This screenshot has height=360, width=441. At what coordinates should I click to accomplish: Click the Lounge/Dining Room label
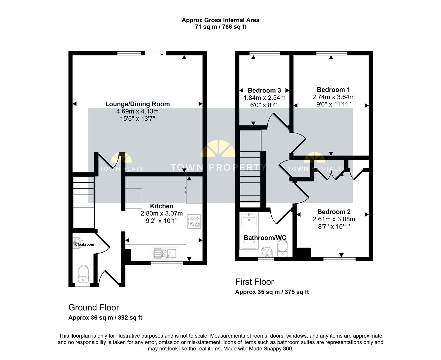coord(137,104)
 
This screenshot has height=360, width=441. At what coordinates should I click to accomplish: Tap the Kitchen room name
coord(162,206)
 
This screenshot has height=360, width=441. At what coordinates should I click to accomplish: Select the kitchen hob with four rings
coord(194,221)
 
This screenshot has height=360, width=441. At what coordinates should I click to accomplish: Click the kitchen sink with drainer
coord(165,253)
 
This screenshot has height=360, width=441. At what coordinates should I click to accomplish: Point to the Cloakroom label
coord(84,244)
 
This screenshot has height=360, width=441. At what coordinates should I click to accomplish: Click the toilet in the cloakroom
coord(83,274)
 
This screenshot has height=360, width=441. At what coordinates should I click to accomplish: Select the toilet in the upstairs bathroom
coord(283,248)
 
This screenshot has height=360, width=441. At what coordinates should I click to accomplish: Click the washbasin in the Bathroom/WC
coord(267,252)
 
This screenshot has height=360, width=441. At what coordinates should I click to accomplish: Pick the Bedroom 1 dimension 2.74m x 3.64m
coord(333,97)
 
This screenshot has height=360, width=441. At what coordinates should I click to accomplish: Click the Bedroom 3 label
coord(264,90)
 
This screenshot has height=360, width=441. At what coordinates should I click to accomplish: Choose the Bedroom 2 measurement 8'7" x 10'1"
coord(334,226)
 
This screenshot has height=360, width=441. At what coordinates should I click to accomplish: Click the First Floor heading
coord(254,282)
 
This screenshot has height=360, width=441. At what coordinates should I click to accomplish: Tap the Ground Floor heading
coord(94,308)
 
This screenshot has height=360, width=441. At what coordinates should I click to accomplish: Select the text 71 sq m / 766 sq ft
coord(220,27)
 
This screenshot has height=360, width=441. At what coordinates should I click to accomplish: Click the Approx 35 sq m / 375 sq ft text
coord(272,292)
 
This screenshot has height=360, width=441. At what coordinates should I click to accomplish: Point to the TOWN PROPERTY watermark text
coord(219,167)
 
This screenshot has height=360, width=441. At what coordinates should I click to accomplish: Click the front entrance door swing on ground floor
coord(109,277)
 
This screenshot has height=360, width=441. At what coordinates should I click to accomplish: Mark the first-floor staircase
coord(250,169)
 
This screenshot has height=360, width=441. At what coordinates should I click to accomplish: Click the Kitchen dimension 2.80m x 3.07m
coord(162,213)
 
